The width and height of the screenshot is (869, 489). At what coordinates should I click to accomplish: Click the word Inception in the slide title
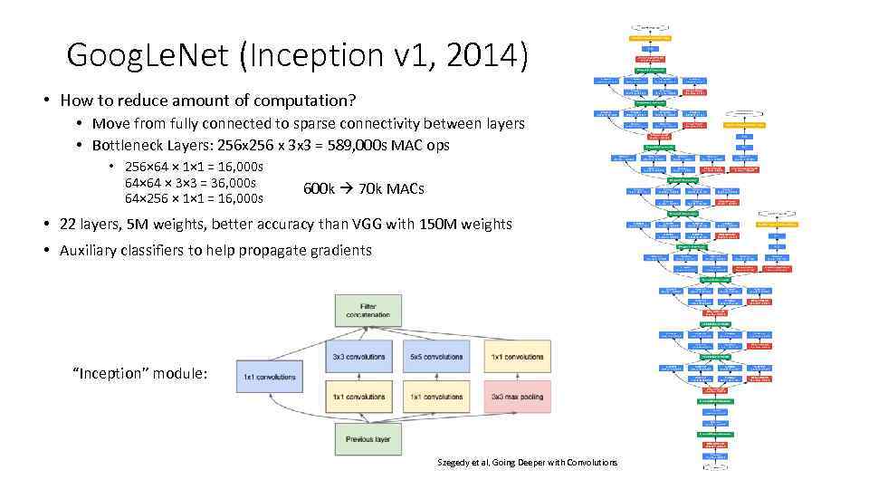[297, 55]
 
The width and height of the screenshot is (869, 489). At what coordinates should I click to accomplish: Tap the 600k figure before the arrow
[320, 188]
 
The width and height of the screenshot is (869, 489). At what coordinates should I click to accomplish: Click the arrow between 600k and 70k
[348, 188]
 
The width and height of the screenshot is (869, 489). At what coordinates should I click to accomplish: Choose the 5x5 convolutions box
[436, 357]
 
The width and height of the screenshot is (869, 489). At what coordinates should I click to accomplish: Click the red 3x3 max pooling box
[517, 397]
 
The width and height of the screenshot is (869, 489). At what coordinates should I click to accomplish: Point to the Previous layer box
[368, 439]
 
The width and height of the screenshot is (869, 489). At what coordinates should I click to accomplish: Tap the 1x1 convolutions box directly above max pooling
[517, 357]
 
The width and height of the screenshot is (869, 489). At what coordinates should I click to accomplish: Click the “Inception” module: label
[139, 373]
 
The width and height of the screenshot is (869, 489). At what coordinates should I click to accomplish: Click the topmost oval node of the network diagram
[650, 27]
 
